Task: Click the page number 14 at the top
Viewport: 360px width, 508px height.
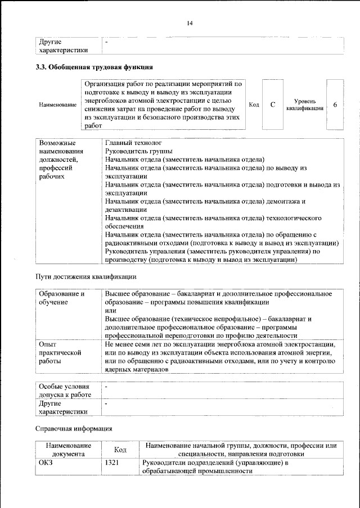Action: pos(190,23)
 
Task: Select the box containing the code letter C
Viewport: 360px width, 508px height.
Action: pos(272,105)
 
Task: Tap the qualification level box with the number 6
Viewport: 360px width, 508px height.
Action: pos(335,105)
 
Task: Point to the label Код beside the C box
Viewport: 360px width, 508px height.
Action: pos(254,105)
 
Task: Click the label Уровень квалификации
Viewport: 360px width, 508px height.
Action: pos(304,105)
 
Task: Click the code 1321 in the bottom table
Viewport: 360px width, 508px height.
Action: pos(112,463)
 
